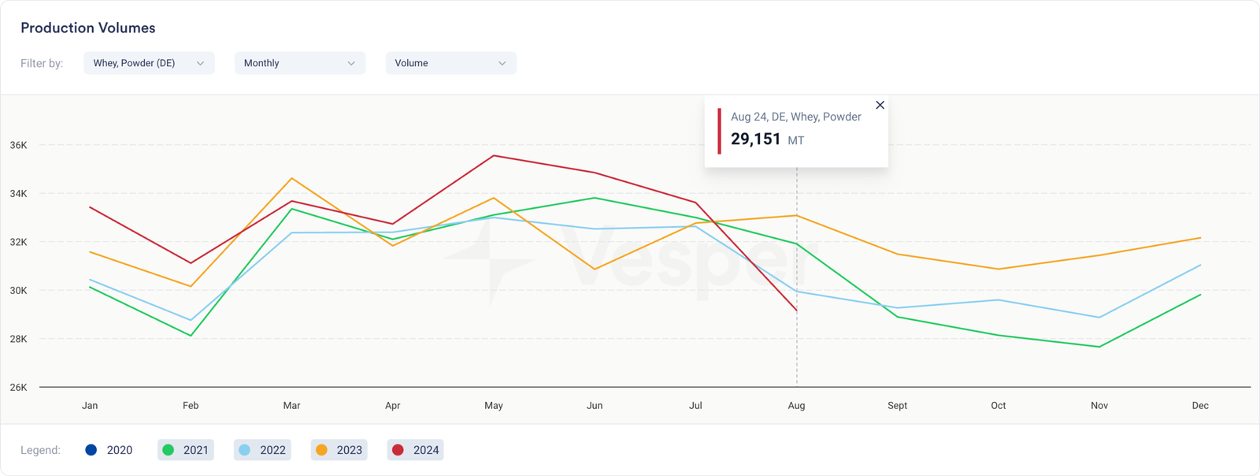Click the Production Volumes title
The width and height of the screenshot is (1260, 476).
[x=87, y=28]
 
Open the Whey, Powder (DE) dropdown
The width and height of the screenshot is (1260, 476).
[x=148, y=63]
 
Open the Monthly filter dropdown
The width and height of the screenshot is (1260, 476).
[x=299, y=63]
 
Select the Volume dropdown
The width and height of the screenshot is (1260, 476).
[x=450, y=63]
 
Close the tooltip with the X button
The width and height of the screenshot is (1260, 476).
[x=880, y=105]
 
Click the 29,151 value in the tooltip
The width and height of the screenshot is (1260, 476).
[x=755, y=139]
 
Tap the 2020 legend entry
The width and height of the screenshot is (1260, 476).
[x=109, y=450]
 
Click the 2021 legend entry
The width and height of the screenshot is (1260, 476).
[x=186, y=450]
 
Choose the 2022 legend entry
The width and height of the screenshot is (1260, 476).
[x=262, y=450]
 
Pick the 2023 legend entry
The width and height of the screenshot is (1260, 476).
[x=339, y=450]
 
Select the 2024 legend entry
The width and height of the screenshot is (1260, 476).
[x=416, y=450]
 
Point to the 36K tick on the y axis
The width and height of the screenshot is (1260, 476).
[x=18, y=145]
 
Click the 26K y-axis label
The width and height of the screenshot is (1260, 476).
[x=18, y=387]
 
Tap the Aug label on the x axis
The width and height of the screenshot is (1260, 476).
[x=796, y=405]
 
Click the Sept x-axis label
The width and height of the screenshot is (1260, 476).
[x=897, y=405]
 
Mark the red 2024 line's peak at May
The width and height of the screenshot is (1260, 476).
[x=494, y=155]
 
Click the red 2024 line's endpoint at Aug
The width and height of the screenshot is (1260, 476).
[x=796, y=311]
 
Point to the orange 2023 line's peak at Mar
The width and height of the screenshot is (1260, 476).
[x=291, y=178]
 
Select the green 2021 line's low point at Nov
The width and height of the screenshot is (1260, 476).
[x=1099, y=347]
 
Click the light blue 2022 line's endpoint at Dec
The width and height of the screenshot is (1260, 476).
[x=1200, y=265]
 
